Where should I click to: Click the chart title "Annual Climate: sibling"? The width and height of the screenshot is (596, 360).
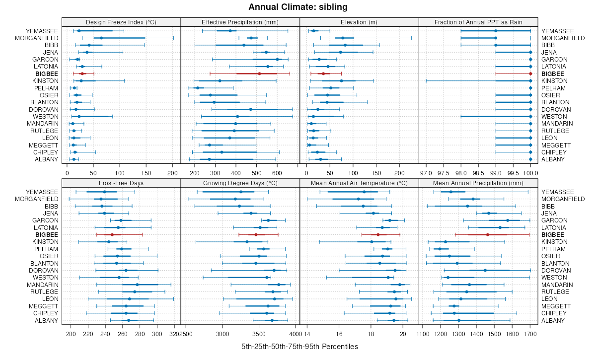tap(298, 7)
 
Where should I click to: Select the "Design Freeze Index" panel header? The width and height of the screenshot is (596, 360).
tap(121, 22)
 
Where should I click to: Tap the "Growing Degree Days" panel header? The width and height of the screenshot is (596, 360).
tap(240, 183)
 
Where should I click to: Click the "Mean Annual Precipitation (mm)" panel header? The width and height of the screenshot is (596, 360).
tap(478, 183)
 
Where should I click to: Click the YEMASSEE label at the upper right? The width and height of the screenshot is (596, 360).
tap(557, 31)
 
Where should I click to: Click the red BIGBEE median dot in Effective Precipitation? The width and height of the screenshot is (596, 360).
tap(259, 73)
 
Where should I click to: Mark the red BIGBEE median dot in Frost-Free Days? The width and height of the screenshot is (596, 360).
tap(112, 234)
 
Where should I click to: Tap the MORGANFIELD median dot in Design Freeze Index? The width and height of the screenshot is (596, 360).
tap(101, 38)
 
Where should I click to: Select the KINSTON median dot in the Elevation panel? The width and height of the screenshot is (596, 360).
tap(341, 81)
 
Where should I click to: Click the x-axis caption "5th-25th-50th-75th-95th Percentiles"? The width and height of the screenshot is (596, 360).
tap(299, 346)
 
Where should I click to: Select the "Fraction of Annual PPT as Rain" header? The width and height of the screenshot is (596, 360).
tap(478, 22)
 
